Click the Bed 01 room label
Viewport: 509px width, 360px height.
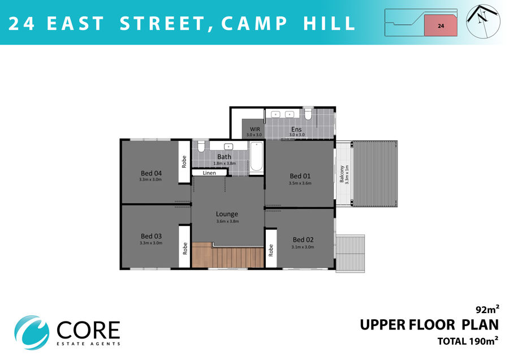pos(300,176)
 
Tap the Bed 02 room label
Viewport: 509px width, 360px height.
pos(303,240)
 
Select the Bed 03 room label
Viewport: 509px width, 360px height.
pos(151,236)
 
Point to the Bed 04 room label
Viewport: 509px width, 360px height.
pos(151,173)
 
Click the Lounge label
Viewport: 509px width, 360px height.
pos(227,214)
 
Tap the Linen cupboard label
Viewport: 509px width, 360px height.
pos(209,173)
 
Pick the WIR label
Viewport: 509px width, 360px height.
pos(255,129)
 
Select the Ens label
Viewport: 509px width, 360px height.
pos(296,129)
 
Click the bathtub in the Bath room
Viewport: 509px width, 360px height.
pos(256,157)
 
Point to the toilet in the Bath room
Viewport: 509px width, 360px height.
pos(201,146)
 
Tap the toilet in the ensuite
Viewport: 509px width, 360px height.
pos(308,114)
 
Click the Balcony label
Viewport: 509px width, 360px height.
pos(342,174)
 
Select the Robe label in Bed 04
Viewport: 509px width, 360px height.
pos(184,161)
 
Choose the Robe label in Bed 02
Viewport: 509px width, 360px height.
pos(271,250)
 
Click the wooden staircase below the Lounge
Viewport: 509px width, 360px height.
pos(227,255)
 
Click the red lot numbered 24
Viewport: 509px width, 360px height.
pos(441,25)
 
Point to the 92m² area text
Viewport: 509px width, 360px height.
pos(488,309)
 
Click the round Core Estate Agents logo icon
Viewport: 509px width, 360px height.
pos(32,332)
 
